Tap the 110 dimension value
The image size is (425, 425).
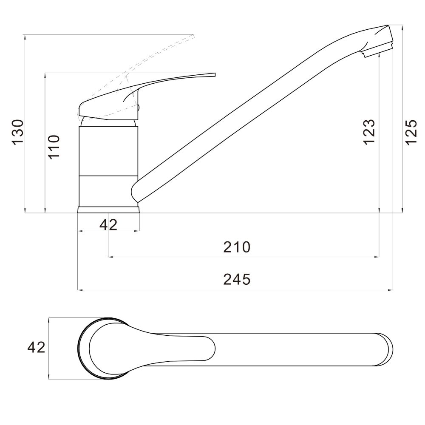coord(54,147)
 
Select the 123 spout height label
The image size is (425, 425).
coord(369,132)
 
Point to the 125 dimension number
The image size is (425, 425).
coord(411,132)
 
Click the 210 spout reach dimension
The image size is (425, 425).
coord(237,247)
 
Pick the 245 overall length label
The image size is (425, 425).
coord(237,280)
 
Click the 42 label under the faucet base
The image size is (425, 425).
coord(108,224)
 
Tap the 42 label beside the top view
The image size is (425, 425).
coord(36,347)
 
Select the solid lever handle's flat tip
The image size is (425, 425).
coord(214,74)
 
